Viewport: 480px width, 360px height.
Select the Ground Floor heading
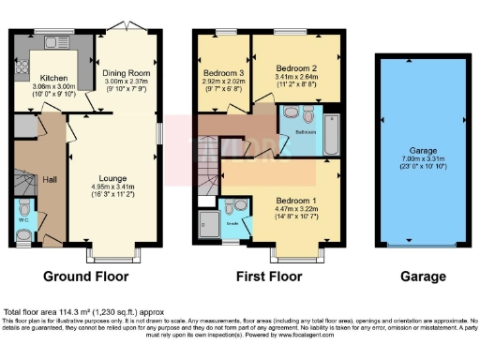[x=84, y=277]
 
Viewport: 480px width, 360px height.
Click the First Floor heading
[x=270, y=277]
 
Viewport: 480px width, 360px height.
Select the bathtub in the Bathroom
[x=331, y=131]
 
